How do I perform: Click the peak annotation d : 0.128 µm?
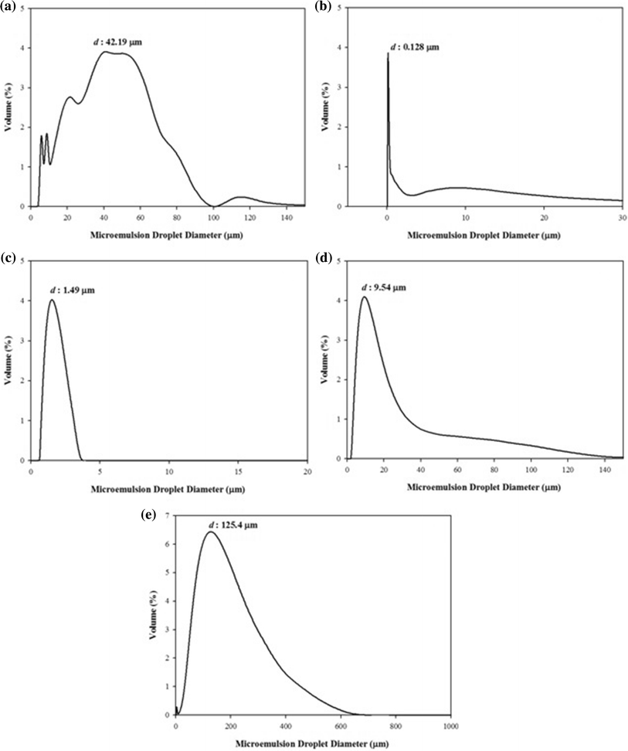point(414,47)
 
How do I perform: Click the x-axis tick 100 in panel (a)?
point(214,216)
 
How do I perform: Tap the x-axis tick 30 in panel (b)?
point(623,216)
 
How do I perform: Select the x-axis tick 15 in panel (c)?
point(238,471)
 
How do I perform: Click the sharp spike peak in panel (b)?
point(388,54)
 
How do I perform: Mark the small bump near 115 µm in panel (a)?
point(241,197)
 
